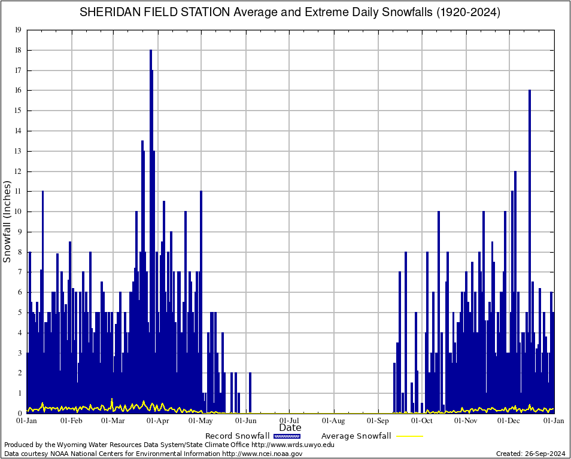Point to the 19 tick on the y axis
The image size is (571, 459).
tap(18, 30)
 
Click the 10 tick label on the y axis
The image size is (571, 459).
tap(18, 212)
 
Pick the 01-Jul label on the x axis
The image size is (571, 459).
tap(290, 421)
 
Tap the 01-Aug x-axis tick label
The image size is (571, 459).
tap(334, 421)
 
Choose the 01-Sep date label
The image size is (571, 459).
tap(378, 421)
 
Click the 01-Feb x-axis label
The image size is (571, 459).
tap(71, 421)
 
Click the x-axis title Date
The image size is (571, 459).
tap(290, 428)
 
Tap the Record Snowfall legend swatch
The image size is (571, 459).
tap(287, 436)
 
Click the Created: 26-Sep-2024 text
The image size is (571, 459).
tap(531, 454)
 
